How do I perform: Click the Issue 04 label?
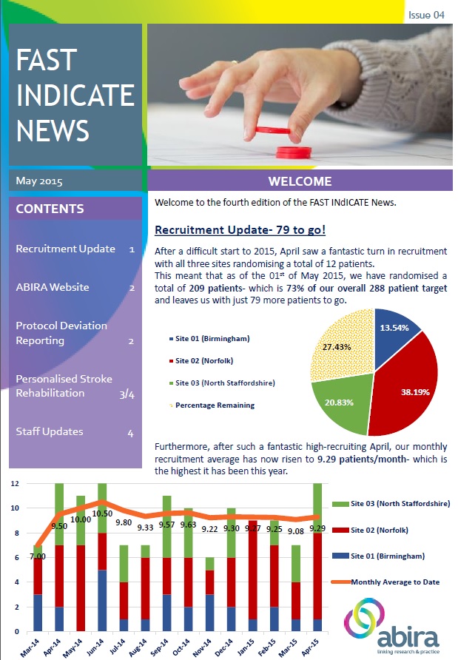click(x=426, y=15)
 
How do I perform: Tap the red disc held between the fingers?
click(x=273, y=130)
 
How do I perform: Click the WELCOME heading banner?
click(x=300, y=181)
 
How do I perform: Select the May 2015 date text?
click(x=39, y=181)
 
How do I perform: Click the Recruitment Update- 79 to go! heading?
click(x=240, y=230)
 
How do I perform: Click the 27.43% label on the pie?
click(x=337, y=347)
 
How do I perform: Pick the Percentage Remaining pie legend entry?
click(x=212, y=405)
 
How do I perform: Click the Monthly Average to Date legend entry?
click(x=385, y=582)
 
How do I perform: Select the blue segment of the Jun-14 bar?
click(x=102, y=601)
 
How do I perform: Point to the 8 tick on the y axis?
click(x=16, y=533)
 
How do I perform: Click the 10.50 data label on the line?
click(x=102, y=513)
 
